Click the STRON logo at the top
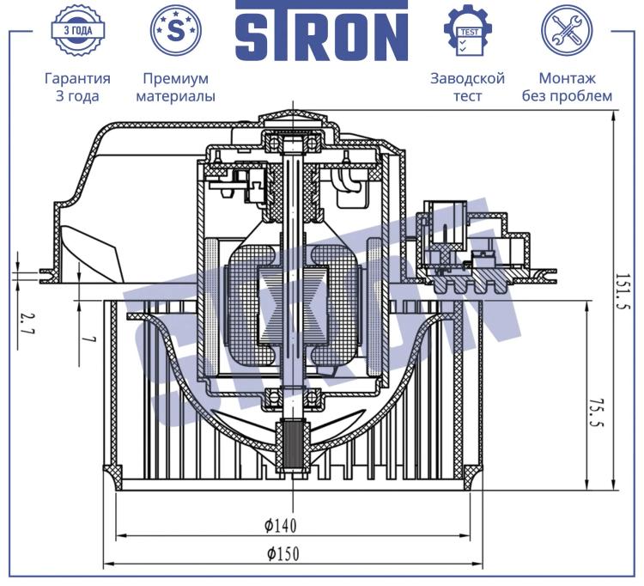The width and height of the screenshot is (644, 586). click(322, 31)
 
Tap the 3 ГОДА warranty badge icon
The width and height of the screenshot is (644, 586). click(78, 30)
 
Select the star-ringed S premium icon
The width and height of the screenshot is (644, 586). click(176, 30)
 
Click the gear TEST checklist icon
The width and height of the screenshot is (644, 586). click(468, 30)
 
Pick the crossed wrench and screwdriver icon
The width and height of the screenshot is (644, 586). click(567, 30)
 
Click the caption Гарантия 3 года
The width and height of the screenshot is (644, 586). click(77, 87)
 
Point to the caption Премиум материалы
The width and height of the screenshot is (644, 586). click(176, 87)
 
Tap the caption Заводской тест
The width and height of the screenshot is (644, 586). click(467, 87)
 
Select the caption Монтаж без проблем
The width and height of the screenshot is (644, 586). click(567, 87)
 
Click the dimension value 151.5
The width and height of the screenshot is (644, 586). click(623, 292)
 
